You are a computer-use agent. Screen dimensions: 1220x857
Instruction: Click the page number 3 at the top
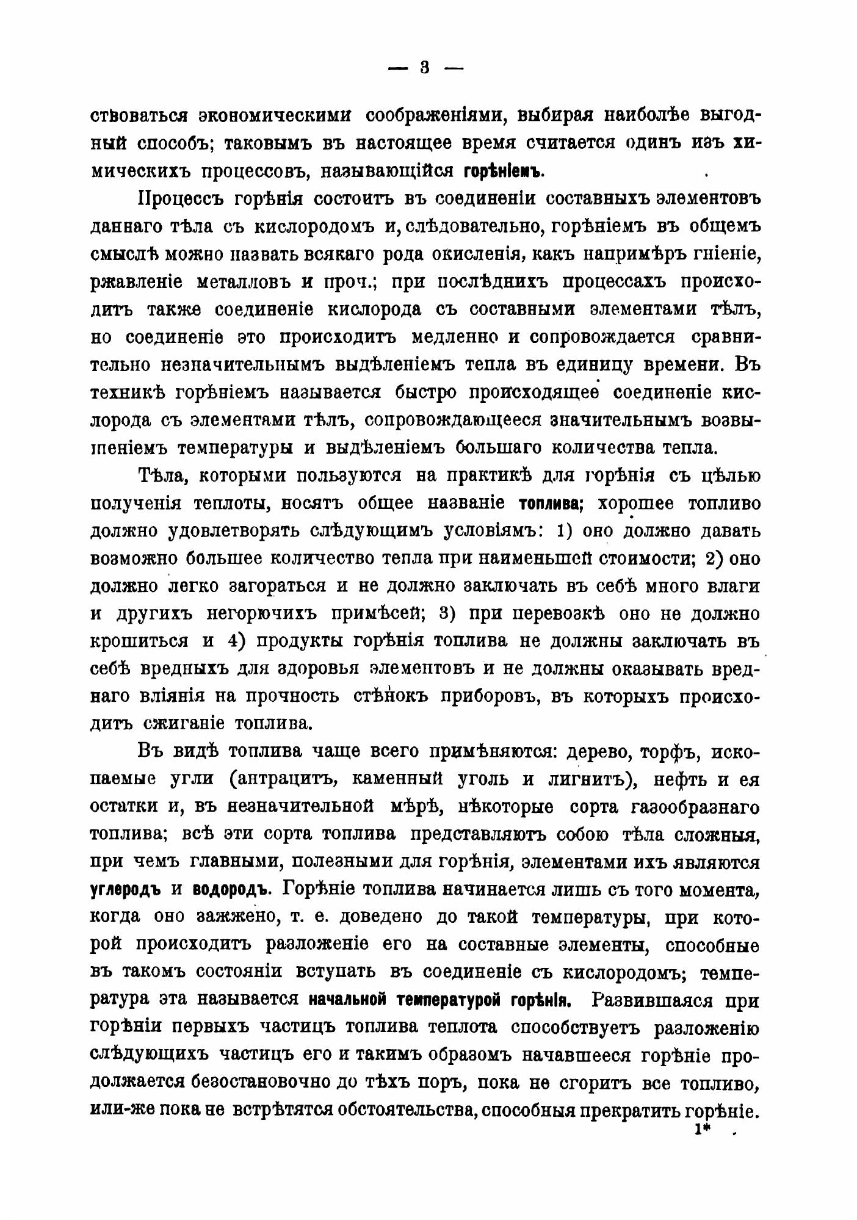(x=425, y=68)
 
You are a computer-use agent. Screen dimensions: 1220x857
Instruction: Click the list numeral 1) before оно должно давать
(x=564, y=531)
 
